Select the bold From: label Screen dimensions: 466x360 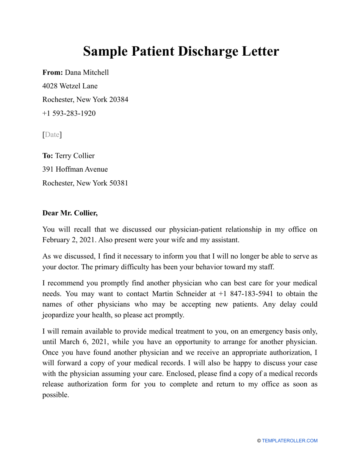[x=53, y=72]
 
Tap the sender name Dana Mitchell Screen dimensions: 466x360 [x=87, y=72]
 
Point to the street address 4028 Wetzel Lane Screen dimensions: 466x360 [x=70, y=86]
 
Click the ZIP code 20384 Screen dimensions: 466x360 [x=119, y=100]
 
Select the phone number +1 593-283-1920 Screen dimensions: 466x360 [x=69, y=113]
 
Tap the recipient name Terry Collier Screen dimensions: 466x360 [x=75, y=156]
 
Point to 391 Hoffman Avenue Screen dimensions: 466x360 [x=75, y=169]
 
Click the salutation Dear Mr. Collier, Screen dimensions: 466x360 [x=70, y=213]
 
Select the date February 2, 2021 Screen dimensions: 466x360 [x=67, y=239]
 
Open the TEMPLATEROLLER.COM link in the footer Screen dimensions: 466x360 [x=290, y=441]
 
